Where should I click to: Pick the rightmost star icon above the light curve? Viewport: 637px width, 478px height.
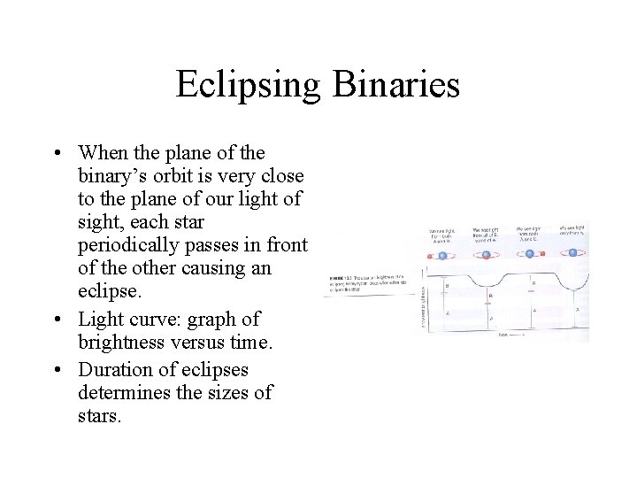click(x=572, y=253)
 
